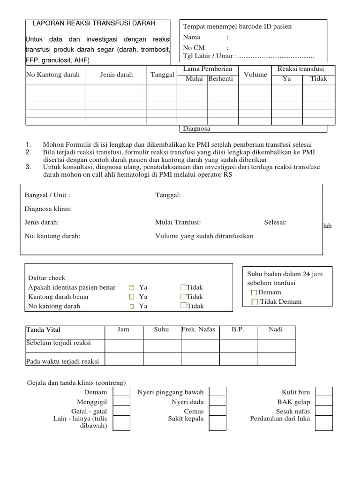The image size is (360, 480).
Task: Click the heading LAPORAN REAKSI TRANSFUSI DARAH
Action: click(94, 23)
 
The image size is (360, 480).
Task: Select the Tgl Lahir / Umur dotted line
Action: click(276, 57)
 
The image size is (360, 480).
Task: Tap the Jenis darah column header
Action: click(116, 75)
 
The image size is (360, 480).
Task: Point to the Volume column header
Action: click(255, 75)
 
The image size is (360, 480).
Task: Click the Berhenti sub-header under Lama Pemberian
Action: click(221, 79)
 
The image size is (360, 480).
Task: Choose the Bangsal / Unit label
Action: click(47, 195)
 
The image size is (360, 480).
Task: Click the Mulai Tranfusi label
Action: click(178, 222)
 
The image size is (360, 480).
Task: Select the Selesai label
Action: click(275, 222)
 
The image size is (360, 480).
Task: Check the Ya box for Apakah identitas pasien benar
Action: click(132, 287)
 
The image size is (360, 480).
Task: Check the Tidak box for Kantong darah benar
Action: click(183, 296)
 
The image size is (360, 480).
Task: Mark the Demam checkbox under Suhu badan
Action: click(254, 292)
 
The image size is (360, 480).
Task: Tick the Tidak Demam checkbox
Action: click(255, 302)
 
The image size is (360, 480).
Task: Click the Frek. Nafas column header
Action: click(198, 330)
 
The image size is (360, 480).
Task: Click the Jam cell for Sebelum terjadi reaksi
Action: click(124, 345)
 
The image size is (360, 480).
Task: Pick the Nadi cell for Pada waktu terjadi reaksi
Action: click(277, 359)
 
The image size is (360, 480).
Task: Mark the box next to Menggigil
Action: click(122, 402)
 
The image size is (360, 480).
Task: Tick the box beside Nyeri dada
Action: click(217, 402)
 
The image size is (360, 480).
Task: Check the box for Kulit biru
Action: click(324, 392)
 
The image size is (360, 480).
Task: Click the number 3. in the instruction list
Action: click(28, 167)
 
